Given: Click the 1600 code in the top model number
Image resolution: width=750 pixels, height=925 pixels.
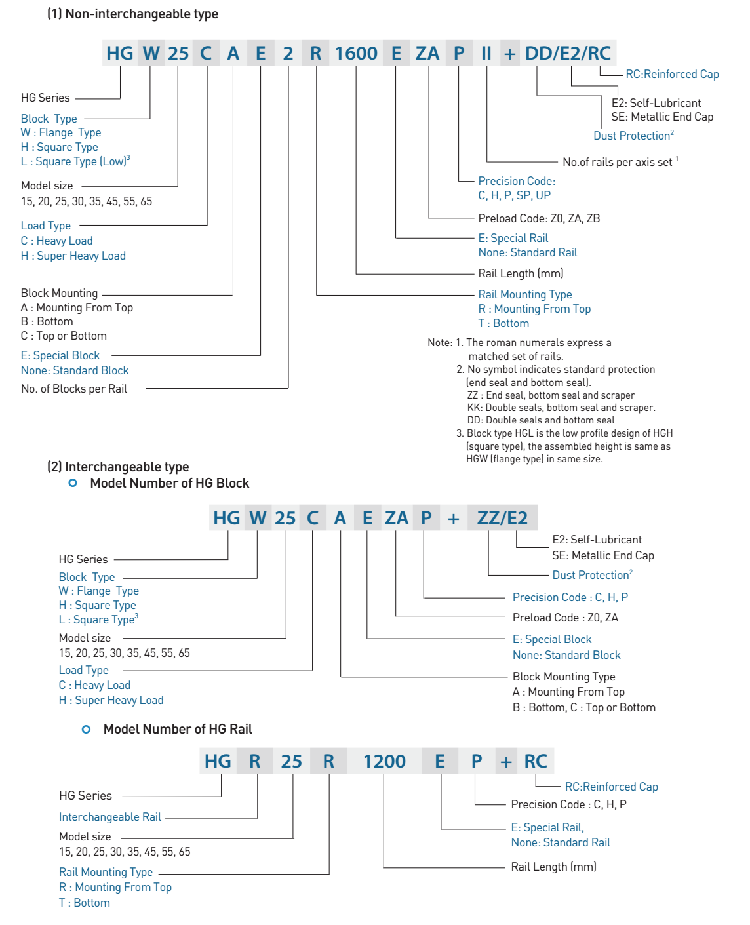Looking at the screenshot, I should [x=356, y=53].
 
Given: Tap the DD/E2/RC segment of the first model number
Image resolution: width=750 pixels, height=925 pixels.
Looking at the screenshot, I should [x=568, y=53].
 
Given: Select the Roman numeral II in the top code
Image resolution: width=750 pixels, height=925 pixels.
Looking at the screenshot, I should [x=486, y=53].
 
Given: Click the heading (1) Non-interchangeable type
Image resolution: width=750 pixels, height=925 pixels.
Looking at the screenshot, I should [x=132, y=14].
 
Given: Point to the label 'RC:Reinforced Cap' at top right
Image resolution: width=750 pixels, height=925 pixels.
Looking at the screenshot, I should [x=672, y=74].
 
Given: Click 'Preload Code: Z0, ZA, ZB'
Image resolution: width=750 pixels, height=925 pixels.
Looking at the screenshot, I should [x=539, y=218].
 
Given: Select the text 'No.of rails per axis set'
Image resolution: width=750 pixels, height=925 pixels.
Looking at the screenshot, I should [x=617, y=162].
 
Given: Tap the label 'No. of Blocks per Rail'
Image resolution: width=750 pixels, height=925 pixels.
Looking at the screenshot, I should [x=74, y=389].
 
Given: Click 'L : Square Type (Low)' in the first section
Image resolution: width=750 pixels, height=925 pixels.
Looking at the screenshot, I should [x=75, y=161].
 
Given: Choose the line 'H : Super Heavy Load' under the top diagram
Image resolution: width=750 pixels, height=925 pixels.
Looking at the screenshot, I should [x=73, y=256].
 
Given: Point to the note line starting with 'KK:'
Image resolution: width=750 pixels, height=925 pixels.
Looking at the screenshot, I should [x=561, y=408].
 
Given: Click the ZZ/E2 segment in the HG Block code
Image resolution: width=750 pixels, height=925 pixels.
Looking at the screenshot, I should [x=502, y=518].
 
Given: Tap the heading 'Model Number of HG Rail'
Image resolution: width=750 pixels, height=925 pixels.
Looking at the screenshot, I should [x=178, y=729].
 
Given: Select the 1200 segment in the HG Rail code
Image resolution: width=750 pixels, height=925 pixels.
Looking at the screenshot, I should [x=384, y=761].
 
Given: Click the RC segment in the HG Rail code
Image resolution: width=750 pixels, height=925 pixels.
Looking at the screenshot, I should [x=536, y=761].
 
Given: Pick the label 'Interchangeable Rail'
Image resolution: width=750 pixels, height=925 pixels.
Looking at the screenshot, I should [x=110, y=817].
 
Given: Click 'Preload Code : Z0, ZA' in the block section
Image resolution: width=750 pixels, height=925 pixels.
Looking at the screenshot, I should [x=565, y=618].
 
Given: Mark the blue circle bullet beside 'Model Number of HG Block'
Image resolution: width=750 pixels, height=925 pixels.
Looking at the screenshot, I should [x=73, y=483].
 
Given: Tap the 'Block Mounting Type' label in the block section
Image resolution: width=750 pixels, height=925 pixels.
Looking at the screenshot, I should [x=564, y=677].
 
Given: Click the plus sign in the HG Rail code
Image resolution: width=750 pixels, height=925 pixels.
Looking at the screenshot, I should [x=505, y=762].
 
